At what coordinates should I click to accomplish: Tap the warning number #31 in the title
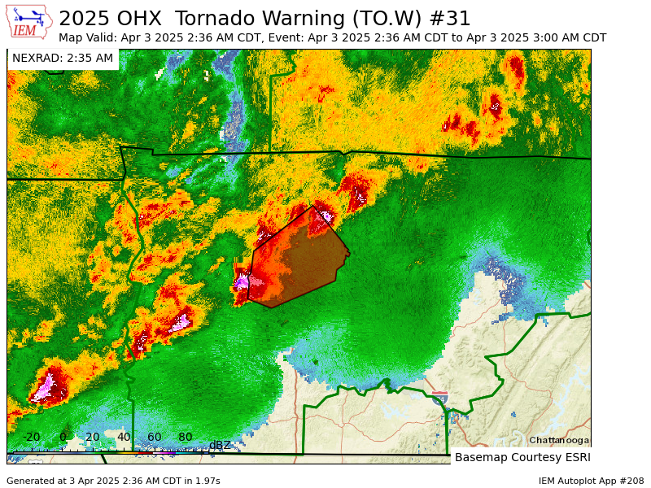(452, 18)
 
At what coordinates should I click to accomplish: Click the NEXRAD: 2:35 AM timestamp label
(63, 58)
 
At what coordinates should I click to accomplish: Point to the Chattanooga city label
(559, 440)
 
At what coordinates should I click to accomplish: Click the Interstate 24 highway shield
(439, 398)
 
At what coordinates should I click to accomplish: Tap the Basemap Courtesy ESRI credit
(522, 457)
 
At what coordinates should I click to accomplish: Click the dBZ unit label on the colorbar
(220, 445)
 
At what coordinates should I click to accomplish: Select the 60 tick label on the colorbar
(155, 437)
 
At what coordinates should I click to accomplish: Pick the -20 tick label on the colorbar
(31, 437)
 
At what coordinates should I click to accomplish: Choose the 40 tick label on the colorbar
(124, 437)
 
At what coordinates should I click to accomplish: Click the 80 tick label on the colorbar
(186, 437)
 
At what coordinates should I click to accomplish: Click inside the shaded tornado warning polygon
(297, 260)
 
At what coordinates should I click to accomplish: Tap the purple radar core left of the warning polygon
(242, 282)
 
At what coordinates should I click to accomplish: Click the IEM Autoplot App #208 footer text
(591, 481)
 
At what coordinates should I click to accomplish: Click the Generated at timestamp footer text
(113, 481)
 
